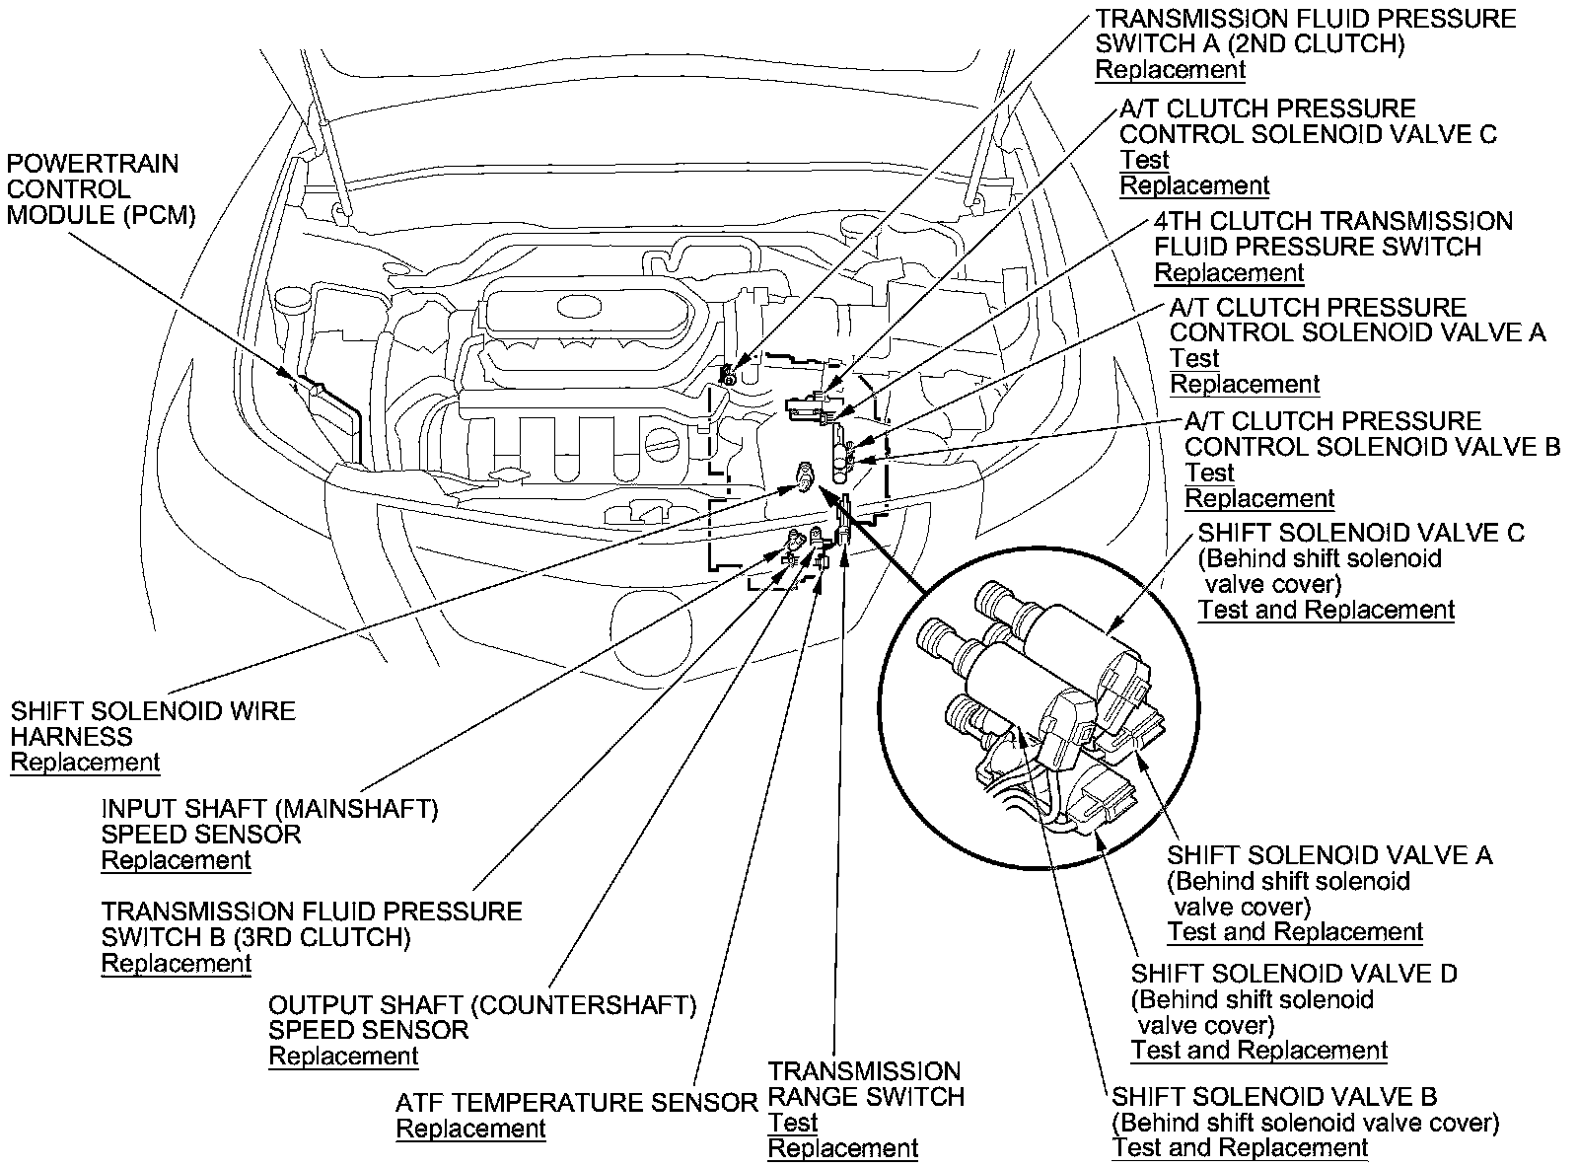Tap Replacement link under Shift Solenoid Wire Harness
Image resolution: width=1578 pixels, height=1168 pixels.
coord(85,763)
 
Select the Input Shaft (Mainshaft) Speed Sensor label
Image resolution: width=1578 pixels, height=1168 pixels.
coord(269,822)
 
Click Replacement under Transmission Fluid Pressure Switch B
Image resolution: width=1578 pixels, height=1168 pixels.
coord(177,964)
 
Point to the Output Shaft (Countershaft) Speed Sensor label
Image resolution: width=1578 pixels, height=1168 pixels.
coord(482,1018)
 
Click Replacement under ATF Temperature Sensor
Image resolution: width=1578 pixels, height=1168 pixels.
coord(470,1130)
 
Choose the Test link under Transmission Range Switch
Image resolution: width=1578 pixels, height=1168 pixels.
coord(793,1124)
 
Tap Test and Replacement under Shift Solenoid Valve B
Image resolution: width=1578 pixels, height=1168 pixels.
coord(1240,1148)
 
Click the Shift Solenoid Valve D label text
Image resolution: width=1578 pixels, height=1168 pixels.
coord(1294,974)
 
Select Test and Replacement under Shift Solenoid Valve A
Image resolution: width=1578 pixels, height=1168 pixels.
coord(1295,932)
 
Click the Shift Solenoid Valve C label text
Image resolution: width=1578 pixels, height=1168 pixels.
coord(1361,534)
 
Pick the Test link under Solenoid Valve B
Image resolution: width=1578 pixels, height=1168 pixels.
coord(1209,474)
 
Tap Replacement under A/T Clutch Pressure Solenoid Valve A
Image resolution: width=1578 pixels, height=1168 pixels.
coord(1245,385)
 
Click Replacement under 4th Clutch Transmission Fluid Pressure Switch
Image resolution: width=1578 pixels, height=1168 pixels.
coord(1229,273)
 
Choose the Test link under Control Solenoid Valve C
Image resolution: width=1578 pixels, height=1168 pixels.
coord(1144,161)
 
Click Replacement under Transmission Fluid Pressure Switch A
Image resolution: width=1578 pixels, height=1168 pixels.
coord(1171,70)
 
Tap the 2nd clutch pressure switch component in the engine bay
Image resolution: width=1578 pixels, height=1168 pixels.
coord(729,373)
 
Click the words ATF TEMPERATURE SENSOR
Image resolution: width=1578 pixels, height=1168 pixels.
coord(576,1103)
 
